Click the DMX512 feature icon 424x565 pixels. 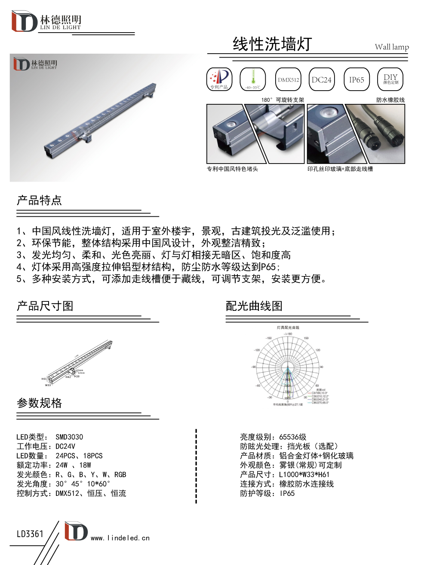[x=288, y=79]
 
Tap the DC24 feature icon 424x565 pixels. [x=322, y=79]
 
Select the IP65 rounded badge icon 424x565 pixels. [x=356, y=79]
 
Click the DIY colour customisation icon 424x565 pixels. [x=390, y=79]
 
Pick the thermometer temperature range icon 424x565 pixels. [x=253, y=79]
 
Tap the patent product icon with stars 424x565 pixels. [x=219, y=79]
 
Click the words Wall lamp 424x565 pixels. [x=391, y=47]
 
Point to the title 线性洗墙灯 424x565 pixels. [x=272, y=44]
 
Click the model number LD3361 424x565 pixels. [x=30, y=534]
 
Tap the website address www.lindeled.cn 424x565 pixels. [x=120, y=538]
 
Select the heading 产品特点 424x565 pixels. [x=39, y=200]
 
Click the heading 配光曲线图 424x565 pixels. [x=254, y=306]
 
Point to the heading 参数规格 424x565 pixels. [x=39, y=403]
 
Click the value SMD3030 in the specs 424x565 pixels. [x=69, y=437]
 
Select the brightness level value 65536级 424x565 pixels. [x=293, y=437]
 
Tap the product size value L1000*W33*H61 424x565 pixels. [x=304, y=474]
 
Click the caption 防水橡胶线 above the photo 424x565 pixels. [x=390, y=100]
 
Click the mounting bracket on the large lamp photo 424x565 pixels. [x=85, y=137]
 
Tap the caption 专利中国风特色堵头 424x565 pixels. [x=232, y=169]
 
